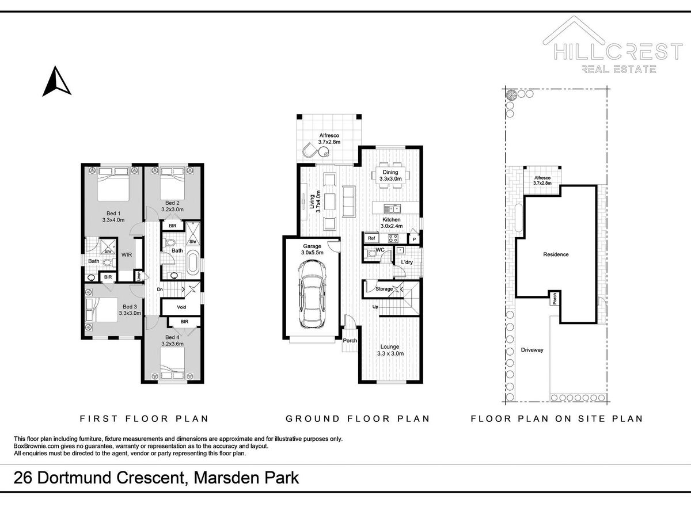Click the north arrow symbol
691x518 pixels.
click(x=56, y=82)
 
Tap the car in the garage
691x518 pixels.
click(x=312, y=294)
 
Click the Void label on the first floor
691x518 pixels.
click(x=181, y=307)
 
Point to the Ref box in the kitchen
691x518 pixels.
click(x=371, y=238)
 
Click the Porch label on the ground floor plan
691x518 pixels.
click(x=350, y=341)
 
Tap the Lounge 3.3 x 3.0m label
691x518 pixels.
click(x=390, y=350)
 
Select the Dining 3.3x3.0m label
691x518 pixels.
click(x=390, y=176)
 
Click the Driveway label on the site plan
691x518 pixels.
click(x=532, y=350)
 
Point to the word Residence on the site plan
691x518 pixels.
click(x=556, y=254)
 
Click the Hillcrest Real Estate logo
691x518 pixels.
click(x=612, y=45)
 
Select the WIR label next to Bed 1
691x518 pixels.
click(x=127, y=255)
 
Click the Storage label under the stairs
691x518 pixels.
click(x=384, y=289)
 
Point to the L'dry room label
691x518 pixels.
click(x=407, y=262)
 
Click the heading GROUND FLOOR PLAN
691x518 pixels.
click(x=358, y=418)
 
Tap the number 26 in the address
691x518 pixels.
click(x=22, y=478)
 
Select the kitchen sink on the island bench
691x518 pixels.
click(x=392, y=208)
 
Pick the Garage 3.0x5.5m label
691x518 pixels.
click(x=312, y=249)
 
